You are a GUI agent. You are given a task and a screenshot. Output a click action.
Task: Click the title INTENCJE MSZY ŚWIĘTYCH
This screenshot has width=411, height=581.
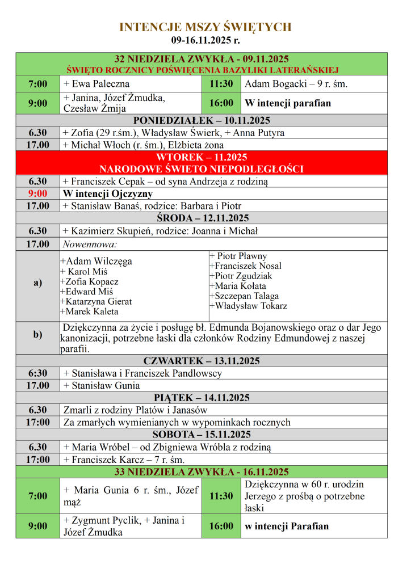coord(205,27)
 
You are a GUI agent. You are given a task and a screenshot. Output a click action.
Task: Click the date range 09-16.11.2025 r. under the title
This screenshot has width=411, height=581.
coord(205,40)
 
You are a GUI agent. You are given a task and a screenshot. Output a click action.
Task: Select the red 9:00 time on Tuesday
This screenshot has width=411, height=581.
coord(37,193)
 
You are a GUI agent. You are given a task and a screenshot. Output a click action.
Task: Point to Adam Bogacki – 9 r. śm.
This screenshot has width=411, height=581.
coord(296,84)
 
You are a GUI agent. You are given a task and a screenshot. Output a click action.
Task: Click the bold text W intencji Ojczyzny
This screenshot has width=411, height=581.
coord(108,193)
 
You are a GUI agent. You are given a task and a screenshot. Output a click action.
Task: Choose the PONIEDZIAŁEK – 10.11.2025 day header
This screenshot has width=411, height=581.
coord(202,120)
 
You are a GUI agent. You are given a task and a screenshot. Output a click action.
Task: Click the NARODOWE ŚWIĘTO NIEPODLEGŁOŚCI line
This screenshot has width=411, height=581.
coord(202,169)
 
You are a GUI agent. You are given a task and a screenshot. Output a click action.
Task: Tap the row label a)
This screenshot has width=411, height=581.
coord(37,283)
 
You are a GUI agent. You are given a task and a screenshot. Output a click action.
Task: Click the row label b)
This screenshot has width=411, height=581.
coord(37,335)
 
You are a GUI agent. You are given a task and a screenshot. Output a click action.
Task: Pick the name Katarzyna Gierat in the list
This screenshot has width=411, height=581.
coord(96,301)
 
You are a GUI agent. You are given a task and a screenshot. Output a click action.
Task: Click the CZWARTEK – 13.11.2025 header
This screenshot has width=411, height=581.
coord(202,361)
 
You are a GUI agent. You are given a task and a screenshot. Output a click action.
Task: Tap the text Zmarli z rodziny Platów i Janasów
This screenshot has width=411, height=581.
coord(136,410)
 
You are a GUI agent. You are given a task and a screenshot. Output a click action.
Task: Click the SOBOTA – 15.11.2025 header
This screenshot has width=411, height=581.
coord(202,435)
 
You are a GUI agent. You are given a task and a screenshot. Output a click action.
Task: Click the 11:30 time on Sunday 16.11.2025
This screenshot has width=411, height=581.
coord(221,496)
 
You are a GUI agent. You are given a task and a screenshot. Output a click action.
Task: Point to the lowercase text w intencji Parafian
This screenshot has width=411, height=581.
coord(287,526)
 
